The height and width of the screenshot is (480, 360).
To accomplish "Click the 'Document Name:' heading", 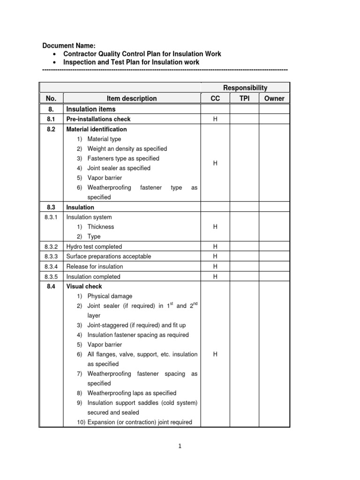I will [69, 45].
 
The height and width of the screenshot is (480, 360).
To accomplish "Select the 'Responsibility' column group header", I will [245, 88].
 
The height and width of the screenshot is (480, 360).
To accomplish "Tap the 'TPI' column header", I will [244, 98].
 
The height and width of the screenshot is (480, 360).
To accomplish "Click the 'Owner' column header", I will [274, 98].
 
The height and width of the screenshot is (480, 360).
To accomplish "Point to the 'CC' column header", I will [215, 98].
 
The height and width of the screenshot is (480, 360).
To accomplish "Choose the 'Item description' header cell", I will [132, 98].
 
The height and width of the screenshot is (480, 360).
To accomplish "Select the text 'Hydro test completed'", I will [94, 247].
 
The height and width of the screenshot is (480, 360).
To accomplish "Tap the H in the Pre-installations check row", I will [215, 119].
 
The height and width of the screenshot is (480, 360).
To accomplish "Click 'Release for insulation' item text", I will [95, 267].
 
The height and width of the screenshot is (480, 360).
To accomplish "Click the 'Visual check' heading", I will [84, 286].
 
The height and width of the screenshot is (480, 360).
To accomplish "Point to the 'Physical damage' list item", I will [110, 296].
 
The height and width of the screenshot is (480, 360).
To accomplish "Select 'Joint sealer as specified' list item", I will [119, 168].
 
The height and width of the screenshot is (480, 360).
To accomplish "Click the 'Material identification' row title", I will [97, 129].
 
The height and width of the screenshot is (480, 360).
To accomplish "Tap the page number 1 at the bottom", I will [180, 446].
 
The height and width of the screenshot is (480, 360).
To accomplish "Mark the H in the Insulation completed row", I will [215, 277].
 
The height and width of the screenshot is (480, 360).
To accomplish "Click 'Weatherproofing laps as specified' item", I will [132, 393].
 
